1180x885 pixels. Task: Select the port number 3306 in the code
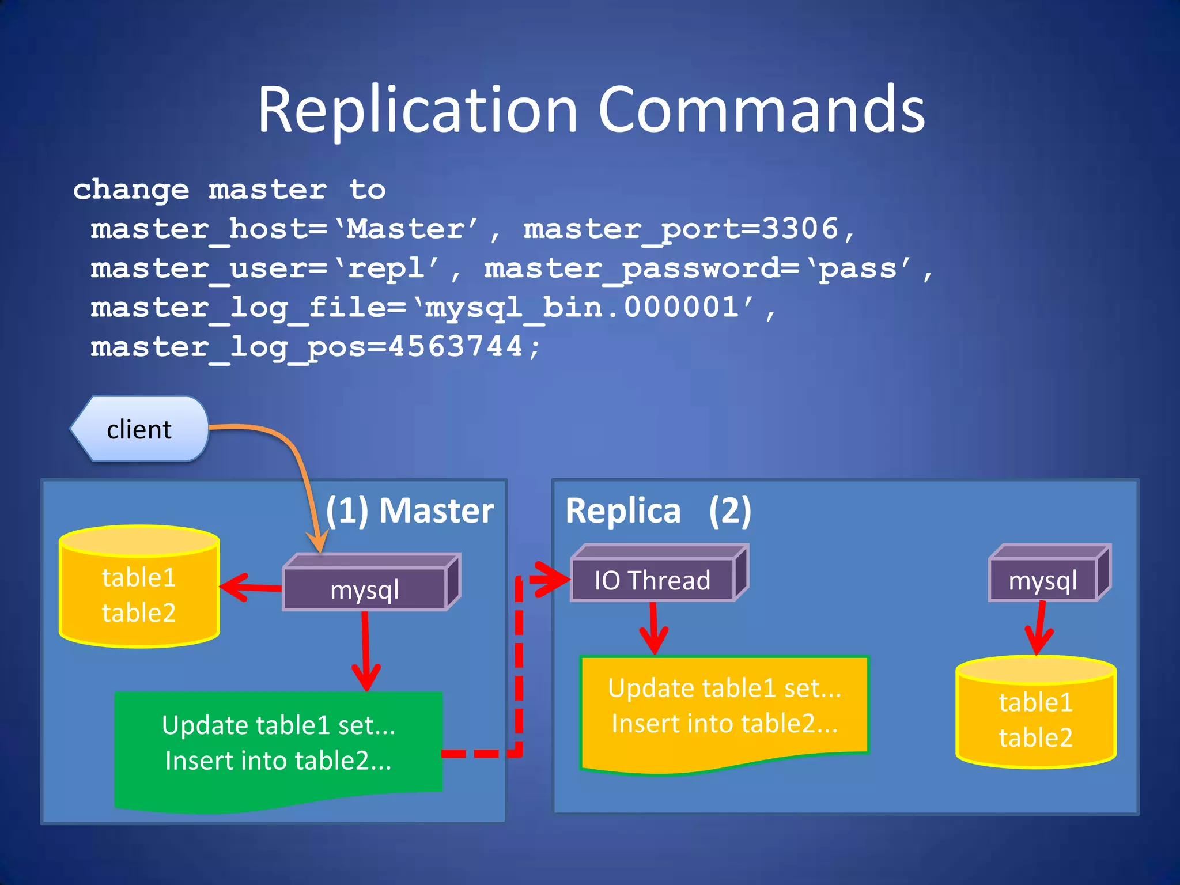tap(799, 229)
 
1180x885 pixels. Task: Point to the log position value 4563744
tap(455, 347)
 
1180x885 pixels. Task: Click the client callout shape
tap(139, 429)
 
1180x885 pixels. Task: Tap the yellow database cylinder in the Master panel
tap(139, 588)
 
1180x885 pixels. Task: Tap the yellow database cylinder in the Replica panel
tap(1035, 714)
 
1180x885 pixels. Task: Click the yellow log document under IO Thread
tap(724, 709)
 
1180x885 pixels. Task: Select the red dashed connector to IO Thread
tap(519, 663)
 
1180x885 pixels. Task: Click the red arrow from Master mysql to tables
tap(251, 587)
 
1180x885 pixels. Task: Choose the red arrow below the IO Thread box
tap(653, 628)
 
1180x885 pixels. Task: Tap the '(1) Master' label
tap(410, 510)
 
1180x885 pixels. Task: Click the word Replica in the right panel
tap(623, 510)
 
